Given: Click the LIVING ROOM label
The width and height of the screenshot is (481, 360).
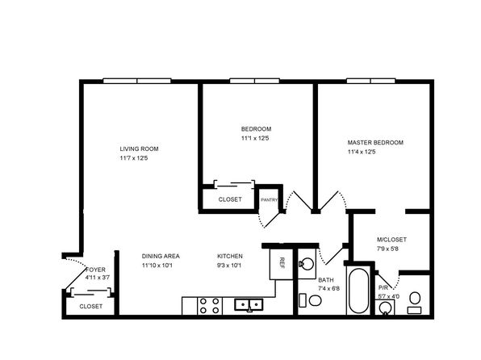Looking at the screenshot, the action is pos(139,149).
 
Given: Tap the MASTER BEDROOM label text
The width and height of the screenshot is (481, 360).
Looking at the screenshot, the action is pos(375,142).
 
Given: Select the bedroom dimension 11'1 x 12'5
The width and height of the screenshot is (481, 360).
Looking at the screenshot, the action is pos(255,138).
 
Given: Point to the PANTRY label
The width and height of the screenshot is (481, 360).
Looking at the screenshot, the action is pos(269,200).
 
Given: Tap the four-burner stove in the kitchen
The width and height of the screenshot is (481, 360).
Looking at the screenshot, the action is pos(210,306).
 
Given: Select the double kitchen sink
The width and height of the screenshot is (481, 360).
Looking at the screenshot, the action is pos(249,304).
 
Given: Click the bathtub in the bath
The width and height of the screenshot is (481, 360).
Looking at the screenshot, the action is pos(358,291).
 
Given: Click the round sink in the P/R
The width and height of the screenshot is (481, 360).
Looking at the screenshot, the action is pos(385,308).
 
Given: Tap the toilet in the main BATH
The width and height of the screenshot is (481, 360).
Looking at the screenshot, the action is pos(310,300).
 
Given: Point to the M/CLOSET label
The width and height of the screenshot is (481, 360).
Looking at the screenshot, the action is pos(391,240).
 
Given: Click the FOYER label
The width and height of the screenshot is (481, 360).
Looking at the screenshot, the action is pos(96,270).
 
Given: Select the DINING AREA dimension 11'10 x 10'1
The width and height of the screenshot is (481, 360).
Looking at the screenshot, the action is pos(157,266).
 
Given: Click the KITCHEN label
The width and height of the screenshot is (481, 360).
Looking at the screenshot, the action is pos(230,256).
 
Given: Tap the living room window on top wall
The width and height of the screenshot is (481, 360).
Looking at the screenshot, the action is pos(137,81).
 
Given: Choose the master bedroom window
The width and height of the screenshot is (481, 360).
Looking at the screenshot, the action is pos(371,81).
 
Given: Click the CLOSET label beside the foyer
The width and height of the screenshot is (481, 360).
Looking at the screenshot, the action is pos(91,306).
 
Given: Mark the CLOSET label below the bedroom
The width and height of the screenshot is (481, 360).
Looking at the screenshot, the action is pos(230,199).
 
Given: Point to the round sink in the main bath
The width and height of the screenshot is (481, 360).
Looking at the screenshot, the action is pos(307,264).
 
